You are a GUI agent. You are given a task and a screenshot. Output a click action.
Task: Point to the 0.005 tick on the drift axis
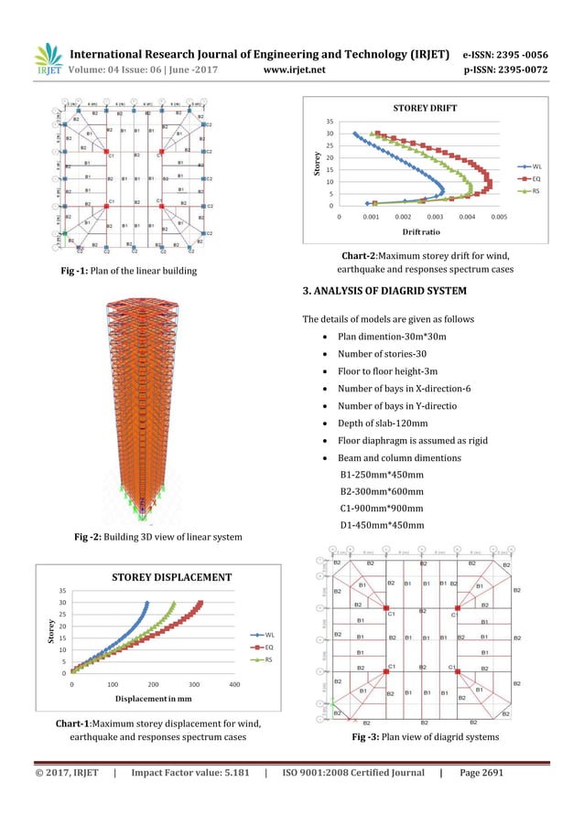(x=499, y=218)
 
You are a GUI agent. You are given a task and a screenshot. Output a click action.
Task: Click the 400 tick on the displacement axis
(x=234, y=684)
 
